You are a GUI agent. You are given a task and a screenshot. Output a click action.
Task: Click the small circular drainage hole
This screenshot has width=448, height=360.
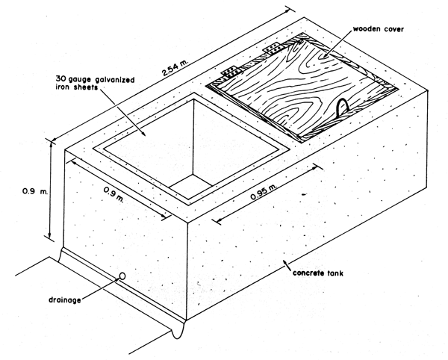121,276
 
